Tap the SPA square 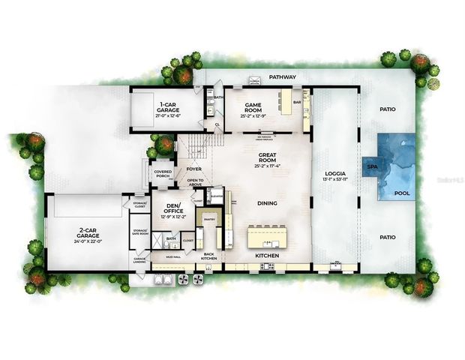(x=371, y=166)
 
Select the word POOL (x=402, y=192)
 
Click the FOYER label (x=193, y=169)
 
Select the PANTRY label (x=209, y=220)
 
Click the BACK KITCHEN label (x=209, y=256)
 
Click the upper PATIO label (x=387, y=109)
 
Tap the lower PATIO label (x=387, y=237)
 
